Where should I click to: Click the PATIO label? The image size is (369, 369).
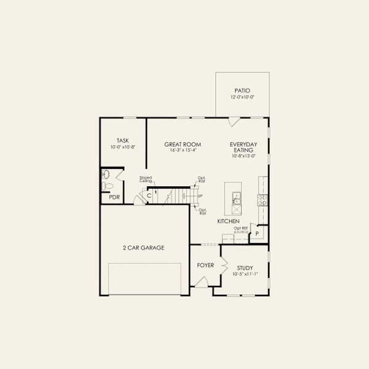(242, 90)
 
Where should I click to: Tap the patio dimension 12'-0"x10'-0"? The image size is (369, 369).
(242, 97)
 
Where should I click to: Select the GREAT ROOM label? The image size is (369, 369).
(180, 145)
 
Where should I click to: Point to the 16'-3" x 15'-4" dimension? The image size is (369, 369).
(180, 151)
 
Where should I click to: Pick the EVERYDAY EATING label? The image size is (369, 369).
(244, 147)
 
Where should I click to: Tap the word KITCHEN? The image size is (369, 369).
(228, 221)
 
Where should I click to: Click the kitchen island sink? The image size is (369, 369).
(236, 197)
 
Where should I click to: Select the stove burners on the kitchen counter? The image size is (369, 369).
(263, 199)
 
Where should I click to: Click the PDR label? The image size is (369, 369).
(114, 197)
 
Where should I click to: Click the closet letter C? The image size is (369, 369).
(149, 196)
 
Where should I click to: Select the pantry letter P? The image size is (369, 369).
(257, 234)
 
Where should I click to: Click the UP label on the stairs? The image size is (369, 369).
(199, 196)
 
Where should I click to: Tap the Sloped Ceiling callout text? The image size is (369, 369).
(145, 180)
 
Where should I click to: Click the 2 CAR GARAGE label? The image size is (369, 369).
(144, 247)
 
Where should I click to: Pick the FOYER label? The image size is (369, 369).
(205, 266)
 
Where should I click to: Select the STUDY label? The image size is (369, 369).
(245, 268)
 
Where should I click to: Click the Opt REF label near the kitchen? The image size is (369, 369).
(240, 228)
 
